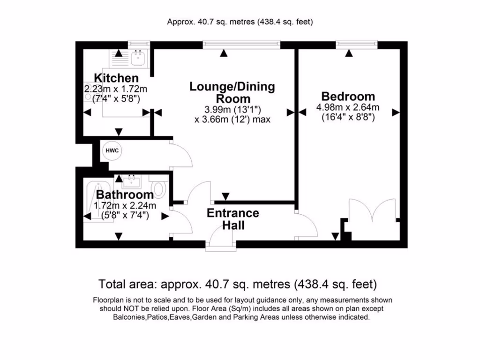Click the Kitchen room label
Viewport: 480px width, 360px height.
tap(116, 78)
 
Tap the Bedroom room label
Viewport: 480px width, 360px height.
tap(348, 97)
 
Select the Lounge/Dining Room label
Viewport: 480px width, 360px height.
tap(232, 92)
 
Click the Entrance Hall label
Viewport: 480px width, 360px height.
tap(233, 219)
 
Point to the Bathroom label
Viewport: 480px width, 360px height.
tap(125, 195)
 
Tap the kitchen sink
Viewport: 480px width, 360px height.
tap(138, 59)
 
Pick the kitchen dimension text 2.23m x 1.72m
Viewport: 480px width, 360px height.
tap(116, 89)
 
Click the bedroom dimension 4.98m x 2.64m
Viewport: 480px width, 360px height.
tap(348, 108)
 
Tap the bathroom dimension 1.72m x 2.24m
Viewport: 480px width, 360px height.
tap(125, 205)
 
